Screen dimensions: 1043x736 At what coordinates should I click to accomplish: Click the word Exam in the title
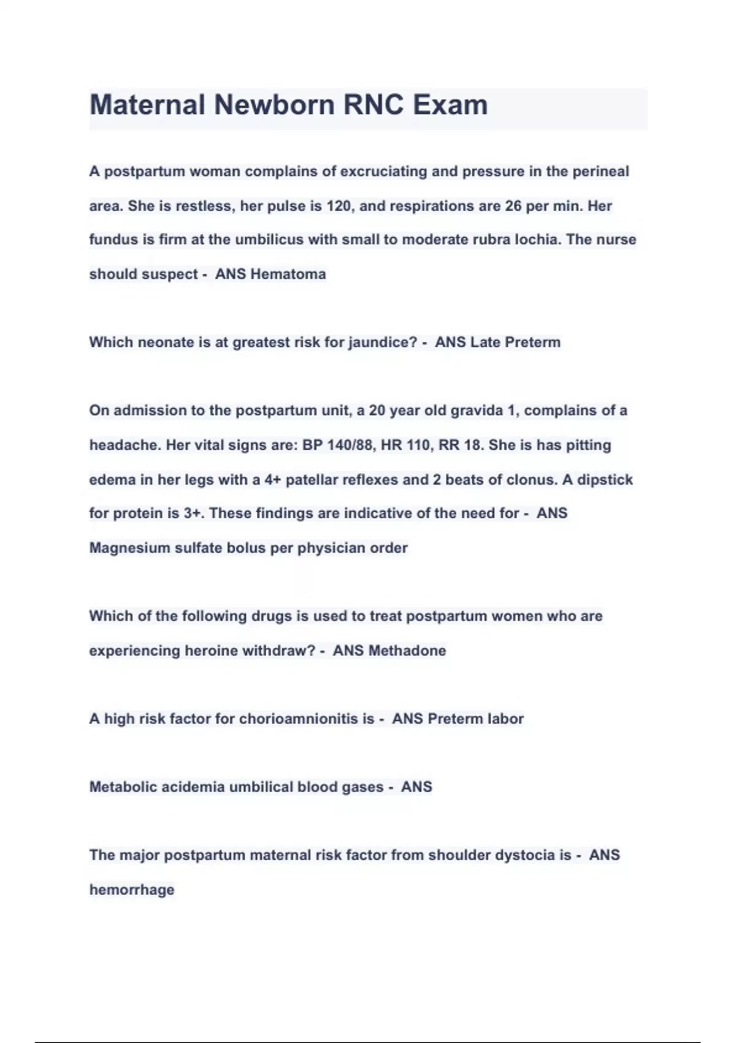coord(450,105)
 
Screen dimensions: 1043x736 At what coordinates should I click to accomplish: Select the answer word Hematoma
coord(288,274)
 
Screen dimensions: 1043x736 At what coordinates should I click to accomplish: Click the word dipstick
coord(605,480)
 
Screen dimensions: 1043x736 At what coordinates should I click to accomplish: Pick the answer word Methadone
coord(407,651)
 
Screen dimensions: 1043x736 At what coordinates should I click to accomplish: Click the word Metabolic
coord(123,787)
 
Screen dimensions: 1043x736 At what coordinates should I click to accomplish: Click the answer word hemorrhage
coord(132,890)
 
